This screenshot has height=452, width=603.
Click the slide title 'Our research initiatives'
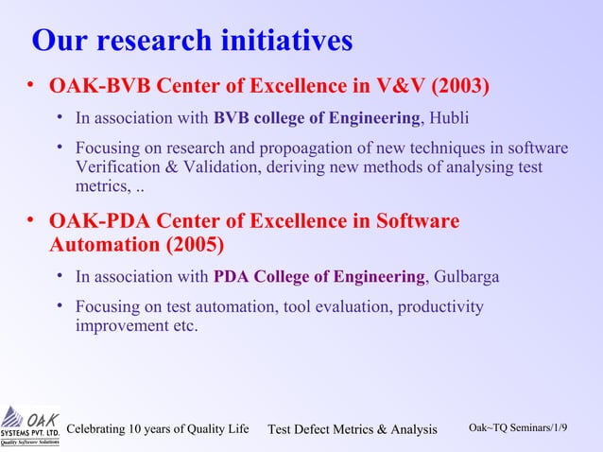coord(192,41)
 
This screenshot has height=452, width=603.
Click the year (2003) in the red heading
coord(460,87)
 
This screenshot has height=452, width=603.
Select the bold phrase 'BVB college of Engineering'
coord(317,118)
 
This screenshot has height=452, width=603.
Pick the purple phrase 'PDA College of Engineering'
coord(320,277)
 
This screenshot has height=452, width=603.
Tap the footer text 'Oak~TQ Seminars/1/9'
coord(519,428)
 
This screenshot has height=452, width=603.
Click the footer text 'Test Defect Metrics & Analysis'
coord(353,430)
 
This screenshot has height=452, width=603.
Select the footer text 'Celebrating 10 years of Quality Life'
coord(158,429)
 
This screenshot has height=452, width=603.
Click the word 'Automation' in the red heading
coord(102,246)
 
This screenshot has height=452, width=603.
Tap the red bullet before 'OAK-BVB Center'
coord(31,87)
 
